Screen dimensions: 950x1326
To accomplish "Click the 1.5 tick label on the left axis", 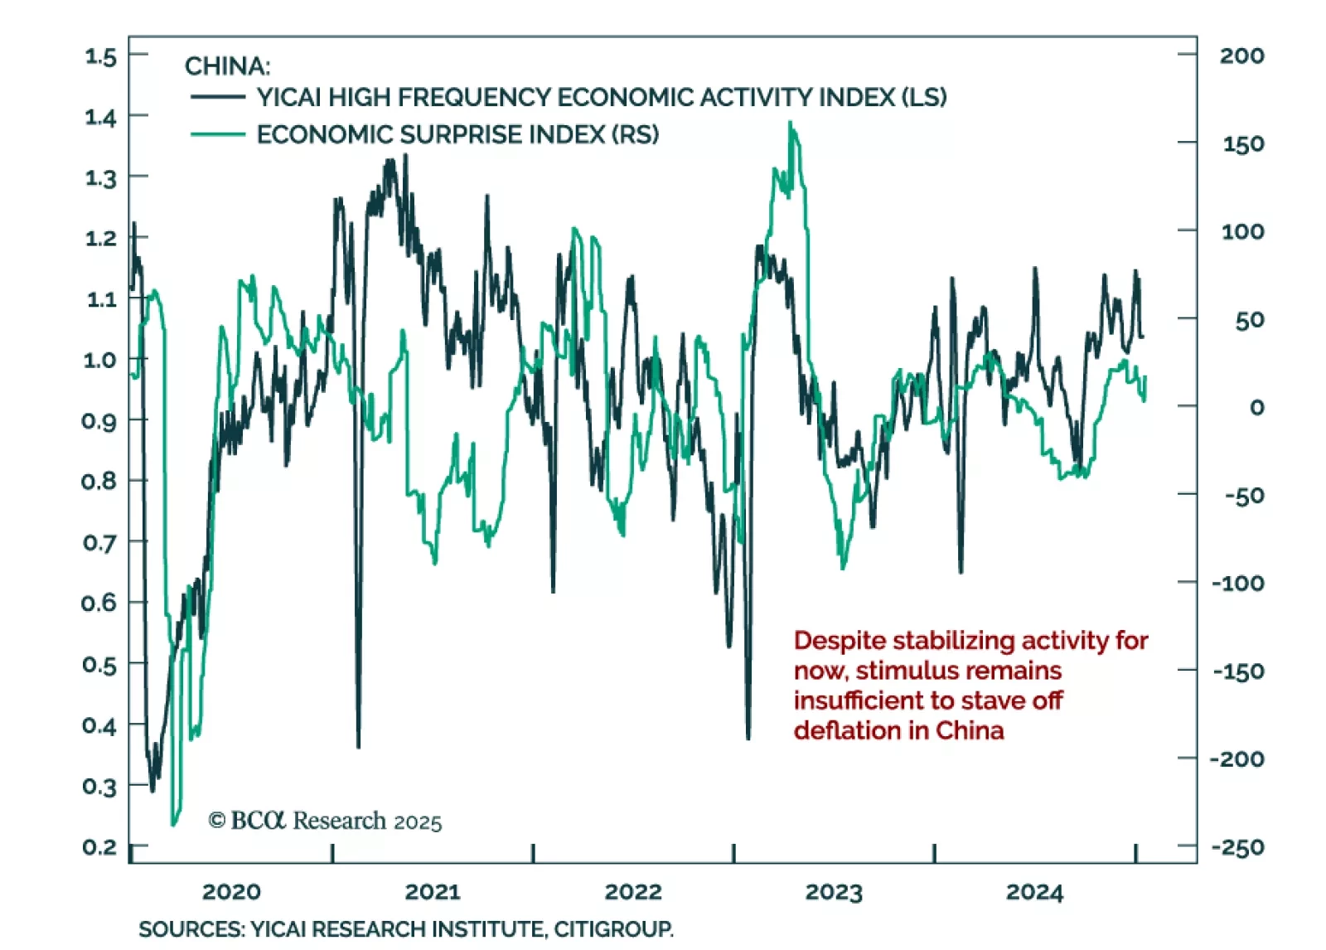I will click(100, 56).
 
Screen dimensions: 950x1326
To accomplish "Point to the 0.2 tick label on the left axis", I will click(99, 847).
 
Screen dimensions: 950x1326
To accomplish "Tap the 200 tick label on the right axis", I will click(1241, 56).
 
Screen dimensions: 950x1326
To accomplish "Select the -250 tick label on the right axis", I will click(1237, 847).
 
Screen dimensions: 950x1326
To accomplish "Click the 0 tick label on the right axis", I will click(1256, 407).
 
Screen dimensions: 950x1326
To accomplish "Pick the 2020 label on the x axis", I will click(231, 892).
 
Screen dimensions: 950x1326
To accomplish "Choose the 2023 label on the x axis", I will click(834, 892).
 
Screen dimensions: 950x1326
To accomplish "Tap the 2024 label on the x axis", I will click(1034, 892).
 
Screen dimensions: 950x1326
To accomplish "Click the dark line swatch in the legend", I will click(217, 97).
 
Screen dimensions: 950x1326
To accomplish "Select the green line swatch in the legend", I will click(217, 134).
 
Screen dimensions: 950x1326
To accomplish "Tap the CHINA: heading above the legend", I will click(227, 65).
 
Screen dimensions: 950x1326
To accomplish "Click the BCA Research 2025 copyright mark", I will click(325, 821).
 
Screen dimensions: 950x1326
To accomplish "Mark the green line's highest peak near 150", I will click(790, 124).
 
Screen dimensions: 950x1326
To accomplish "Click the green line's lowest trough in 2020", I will click(173, 824).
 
